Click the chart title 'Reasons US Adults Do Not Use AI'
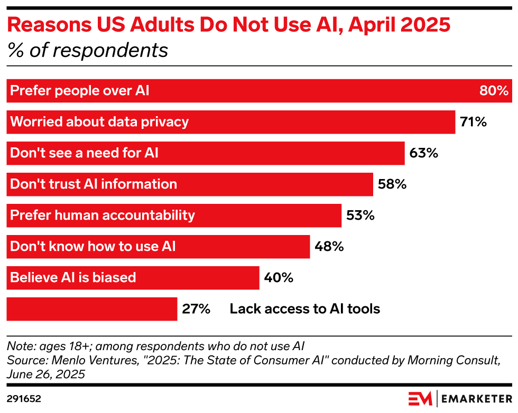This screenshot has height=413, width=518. point(229,25)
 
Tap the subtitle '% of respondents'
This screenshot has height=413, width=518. point(88,50)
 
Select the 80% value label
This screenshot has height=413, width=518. point(493,91)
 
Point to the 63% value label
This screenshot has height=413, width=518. point(423,153)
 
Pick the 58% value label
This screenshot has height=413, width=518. point(392,184)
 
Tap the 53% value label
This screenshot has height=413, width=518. point(360,215)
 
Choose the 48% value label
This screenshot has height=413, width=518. point(329,246)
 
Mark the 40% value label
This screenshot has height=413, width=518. point(279,277)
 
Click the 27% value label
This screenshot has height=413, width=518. point(196,308)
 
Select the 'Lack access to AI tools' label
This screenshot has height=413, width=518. point(305,308)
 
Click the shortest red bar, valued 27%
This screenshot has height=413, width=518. point(92,308)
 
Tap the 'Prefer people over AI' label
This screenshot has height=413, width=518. point(80,91)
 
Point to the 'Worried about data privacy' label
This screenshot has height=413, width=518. point(99,122)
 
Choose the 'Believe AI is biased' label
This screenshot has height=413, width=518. point(73,277)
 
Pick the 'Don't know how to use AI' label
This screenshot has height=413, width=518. point(93,246)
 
